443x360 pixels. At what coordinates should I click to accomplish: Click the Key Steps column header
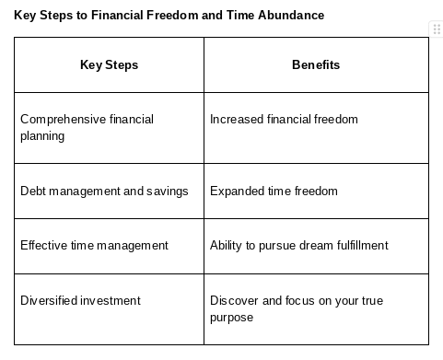coord(109,64)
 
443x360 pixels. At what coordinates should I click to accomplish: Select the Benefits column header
coord(316,64)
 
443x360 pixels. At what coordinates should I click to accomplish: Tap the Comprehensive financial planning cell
coord(109,128)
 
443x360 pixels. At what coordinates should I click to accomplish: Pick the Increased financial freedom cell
coord(316,128)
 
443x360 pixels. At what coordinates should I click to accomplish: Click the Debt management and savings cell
coord(109,191)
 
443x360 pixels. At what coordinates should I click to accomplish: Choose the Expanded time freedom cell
coord(316,191)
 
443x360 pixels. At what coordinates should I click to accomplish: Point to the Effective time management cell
coord(109,246)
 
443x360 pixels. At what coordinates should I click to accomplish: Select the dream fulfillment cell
coord(316,246)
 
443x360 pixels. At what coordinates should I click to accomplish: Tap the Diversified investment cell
coord(109,309)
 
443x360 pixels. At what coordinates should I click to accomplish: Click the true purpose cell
coord(316,309)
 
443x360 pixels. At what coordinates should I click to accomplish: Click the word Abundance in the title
coord(291,15)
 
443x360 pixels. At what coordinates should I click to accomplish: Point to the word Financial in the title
coord(117,15)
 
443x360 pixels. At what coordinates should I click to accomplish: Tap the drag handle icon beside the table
coord(437,29)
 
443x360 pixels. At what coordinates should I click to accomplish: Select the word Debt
coord(33,191)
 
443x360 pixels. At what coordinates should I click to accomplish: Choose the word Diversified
coord(49,300)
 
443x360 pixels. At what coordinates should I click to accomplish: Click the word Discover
coord(234,300)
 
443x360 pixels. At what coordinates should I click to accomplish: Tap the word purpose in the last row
coord(232,318)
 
